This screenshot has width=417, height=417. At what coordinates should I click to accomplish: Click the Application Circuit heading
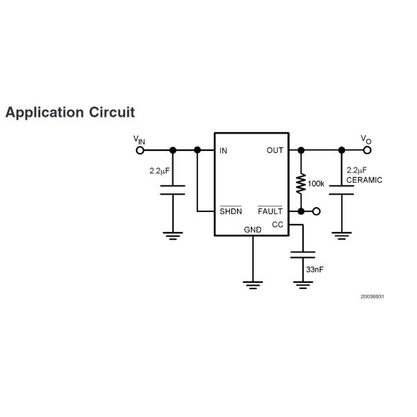(x=69, y=112)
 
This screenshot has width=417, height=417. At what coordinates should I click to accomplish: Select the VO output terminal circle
(x=367, y=149)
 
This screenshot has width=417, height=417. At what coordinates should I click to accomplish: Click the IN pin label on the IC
(x=223, y=150)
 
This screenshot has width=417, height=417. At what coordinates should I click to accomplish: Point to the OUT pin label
(x=275, y=150)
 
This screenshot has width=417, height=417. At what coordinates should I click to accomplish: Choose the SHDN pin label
(x=230, y=211)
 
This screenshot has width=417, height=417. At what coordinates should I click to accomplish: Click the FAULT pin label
(x=270, y=211)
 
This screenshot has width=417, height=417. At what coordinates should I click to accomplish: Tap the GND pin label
(x=252, y=229)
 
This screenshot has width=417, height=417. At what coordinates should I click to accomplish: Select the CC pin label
(x=277, y=224)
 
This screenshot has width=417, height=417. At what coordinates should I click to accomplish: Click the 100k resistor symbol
(x=301, y=183)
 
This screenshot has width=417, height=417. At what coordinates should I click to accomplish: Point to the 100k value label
(x=316, y=183)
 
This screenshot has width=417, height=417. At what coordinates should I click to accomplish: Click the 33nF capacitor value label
(x=314, y=269)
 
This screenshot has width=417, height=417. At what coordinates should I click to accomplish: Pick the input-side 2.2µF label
(x=159, y=170)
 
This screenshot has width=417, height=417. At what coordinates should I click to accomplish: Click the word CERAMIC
(x=364, y=180)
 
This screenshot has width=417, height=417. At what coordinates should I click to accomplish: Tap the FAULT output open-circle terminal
(x=317, y=211)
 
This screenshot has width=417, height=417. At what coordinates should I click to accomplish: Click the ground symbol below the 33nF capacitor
(x=302, y=284)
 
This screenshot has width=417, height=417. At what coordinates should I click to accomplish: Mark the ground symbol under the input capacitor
(x=172, y=234)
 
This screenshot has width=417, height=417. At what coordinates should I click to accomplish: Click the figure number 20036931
(x=372, y=297)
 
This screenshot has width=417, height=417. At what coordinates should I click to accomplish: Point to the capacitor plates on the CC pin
(x=302, y=254)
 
